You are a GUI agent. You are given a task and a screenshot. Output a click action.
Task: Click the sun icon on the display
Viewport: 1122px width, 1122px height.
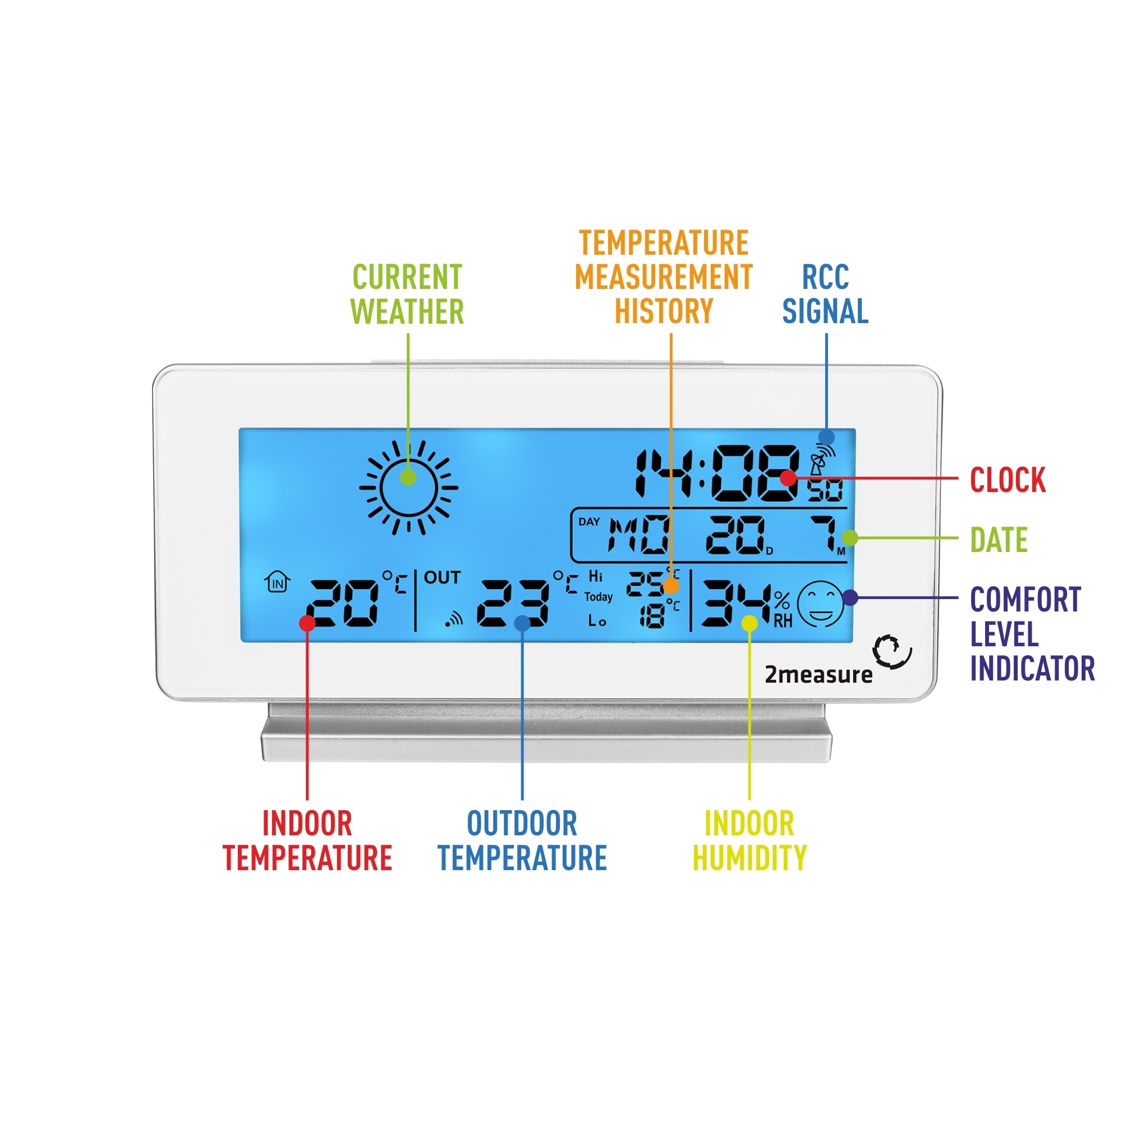pos(408,488)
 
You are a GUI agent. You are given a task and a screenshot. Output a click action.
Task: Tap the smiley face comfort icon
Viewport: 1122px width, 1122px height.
pos(820,604)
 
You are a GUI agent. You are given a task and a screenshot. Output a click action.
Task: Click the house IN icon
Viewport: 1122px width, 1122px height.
pos(278,581)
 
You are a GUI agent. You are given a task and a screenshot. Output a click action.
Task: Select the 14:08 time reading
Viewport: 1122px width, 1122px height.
pos(717,473)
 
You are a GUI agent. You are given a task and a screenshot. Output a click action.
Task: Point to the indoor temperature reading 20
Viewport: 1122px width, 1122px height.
pos(343,604)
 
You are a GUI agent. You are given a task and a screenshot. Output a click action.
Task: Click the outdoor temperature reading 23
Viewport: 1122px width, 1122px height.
pos(513,604)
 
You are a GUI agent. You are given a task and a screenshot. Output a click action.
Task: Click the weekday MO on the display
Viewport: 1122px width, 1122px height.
pos(638,534)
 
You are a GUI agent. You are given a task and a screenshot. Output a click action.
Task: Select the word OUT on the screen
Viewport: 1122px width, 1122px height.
pos(442,578)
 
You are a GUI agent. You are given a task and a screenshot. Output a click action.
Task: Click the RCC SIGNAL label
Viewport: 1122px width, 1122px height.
pos(825,294)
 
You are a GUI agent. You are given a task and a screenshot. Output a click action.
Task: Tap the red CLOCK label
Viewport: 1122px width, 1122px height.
pos(1008,480)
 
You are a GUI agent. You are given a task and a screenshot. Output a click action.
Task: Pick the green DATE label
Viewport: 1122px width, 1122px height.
pos(999,540)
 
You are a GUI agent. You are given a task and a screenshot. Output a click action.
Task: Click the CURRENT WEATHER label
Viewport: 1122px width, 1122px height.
pos(407,295)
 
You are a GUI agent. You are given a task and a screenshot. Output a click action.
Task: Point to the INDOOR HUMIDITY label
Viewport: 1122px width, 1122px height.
pos(749,840)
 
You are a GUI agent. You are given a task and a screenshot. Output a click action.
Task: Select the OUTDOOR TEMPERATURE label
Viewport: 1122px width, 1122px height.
pos(522,840)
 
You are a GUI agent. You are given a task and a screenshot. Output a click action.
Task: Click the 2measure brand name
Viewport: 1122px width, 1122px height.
pos(818,675)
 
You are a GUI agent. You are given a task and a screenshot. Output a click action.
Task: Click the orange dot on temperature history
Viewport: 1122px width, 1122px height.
pos(671,585)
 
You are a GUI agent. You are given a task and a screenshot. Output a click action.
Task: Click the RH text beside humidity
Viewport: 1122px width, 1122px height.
pos(782,622)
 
